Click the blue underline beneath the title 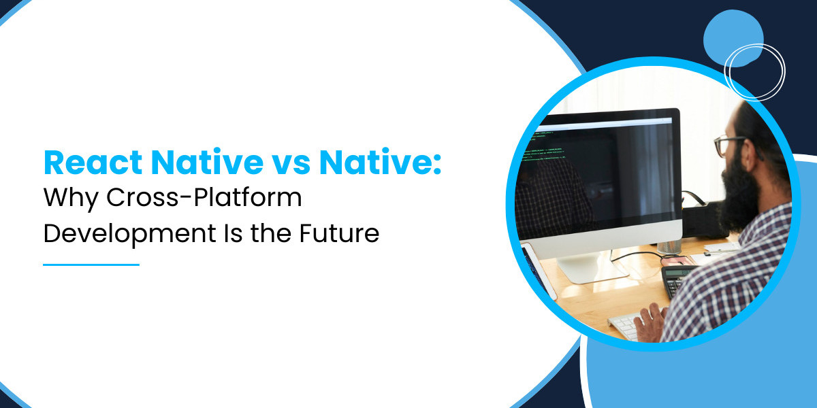[91, 265]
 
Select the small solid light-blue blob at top [733, 38]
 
